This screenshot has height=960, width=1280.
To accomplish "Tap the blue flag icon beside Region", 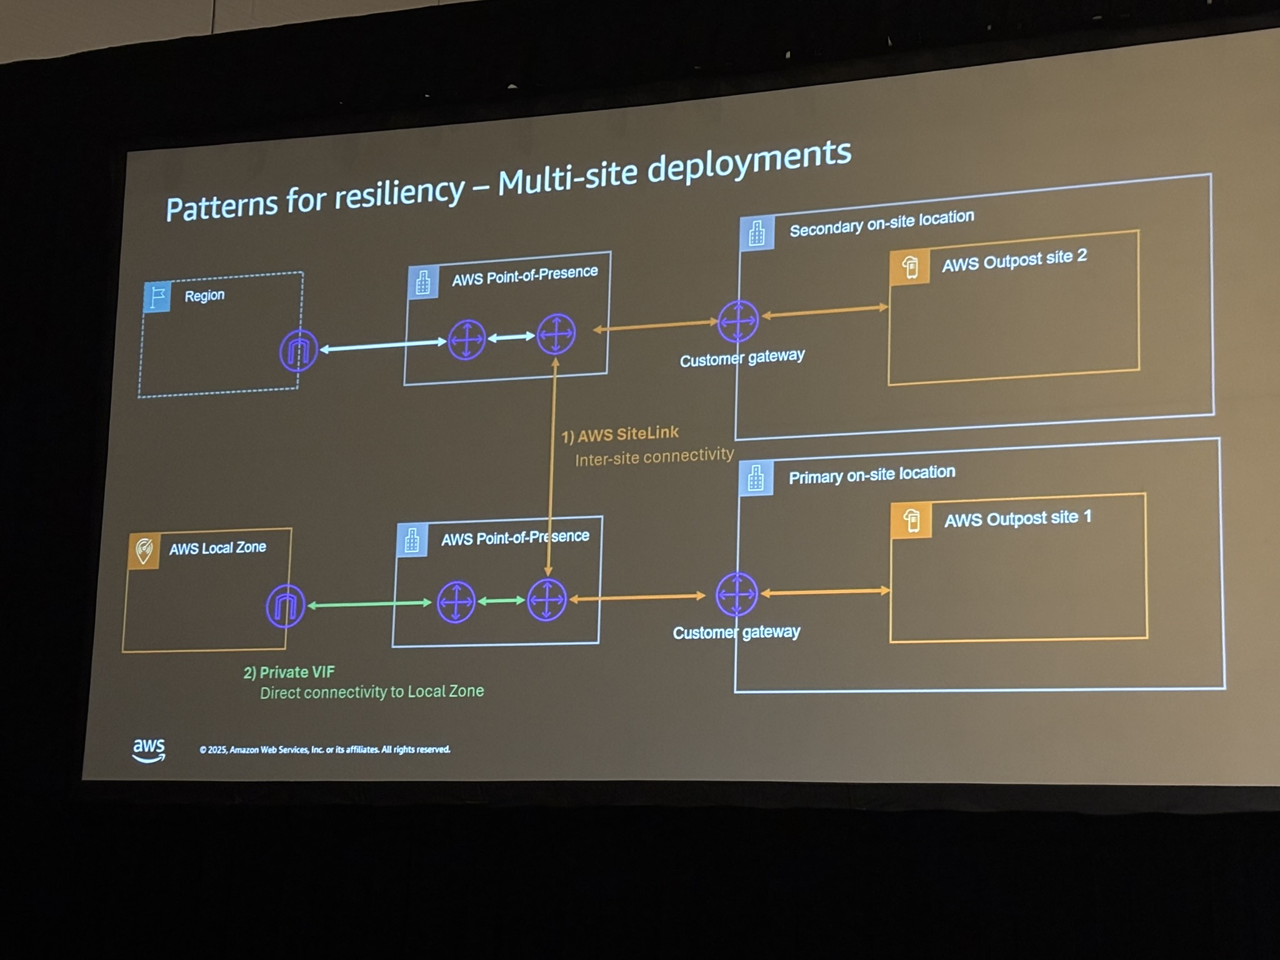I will tap(157, 296).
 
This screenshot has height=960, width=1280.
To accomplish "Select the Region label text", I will tap(204, 295).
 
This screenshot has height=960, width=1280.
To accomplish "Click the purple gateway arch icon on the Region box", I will tap(298, 351).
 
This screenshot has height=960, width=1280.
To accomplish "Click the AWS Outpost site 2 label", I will tap(1014, 260).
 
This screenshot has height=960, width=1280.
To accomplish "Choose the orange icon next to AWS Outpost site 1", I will tap(912, 520).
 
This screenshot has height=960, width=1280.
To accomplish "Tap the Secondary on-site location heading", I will tap(881, 223).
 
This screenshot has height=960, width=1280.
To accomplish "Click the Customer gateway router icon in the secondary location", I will tap(738, 321).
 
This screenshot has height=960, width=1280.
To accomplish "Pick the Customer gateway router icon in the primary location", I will tap(736, 594).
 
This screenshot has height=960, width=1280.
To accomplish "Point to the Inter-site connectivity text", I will tap(654, 457).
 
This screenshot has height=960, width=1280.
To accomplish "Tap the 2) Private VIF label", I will tap(289, 672).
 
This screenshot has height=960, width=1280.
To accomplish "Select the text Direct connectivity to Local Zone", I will tap(372, 692).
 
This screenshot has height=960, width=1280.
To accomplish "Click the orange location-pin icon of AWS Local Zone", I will tap(144, 551).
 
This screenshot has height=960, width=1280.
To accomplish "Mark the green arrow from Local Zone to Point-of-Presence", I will tap(369, 604).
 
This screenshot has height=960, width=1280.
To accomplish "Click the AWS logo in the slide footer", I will tap(149, 749).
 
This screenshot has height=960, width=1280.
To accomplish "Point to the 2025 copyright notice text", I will tap(324, 749).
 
